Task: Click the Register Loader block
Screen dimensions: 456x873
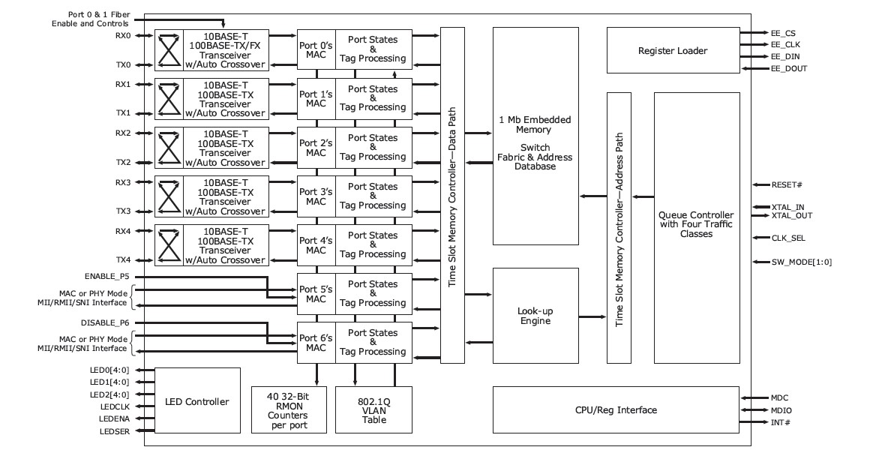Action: (x=672, y=50)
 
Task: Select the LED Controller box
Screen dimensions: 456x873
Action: (x=197, y=401)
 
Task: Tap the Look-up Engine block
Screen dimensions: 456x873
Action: (x=534, y=316)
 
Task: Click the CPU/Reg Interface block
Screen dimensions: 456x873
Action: (x=616, y=409)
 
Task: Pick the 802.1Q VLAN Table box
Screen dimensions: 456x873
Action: (x=373, y=409)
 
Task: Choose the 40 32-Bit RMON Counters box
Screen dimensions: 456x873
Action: (x=289, y=409)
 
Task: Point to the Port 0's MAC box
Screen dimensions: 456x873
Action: (x=316, y=49)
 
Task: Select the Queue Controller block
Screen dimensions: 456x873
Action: (x=697, y=225)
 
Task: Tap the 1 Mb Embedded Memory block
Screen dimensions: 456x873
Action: (x=534, y=142)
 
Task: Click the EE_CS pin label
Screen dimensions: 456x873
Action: (x=783, y=34)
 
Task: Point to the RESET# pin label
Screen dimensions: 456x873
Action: (x=787, y=184)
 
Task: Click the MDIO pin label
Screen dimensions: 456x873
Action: (x=781, y=410)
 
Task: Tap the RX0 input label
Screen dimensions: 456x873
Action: (x=123, y=35)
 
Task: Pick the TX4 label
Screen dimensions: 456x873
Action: (x=123, y=259)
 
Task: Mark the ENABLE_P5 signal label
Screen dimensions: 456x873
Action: (x=102, y=277)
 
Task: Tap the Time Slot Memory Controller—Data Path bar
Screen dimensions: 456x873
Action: (x=452, y=195)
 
